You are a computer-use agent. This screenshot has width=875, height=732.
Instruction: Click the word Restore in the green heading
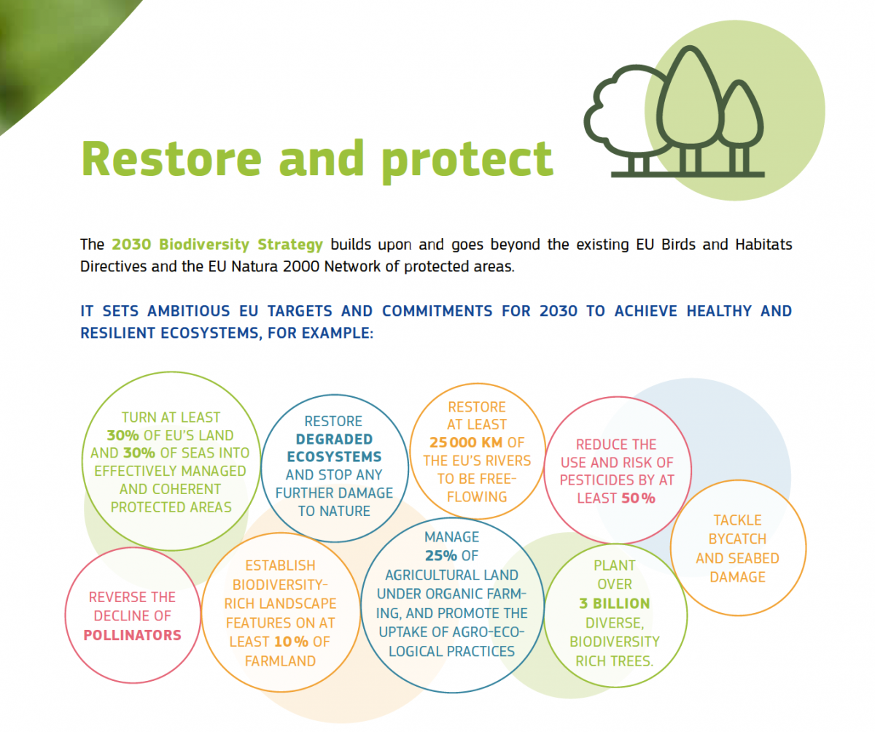[171, 158]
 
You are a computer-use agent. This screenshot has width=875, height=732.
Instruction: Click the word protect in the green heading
[467, 161]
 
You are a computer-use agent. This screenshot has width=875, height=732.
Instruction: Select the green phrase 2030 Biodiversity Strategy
[217, 244]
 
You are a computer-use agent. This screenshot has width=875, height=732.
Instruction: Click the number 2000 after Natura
[299, 266]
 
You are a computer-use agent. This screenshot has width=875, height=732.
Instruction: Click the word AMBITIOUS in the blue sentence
[189, 311]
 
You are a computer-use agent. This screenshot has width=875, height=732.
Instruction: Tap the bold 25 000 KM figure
[466, 442]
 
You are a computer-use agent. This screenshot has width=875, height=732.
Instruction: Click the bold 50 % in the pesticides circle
[638, 498]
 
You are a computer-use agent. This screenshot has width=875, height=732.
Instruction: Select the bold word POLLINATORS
[133, 635]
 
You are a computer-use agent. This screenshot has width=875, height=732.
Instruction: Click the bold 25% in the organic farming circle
[441, 555]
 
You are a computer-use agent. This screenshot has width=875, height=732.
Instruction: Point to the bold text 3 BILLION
[615, 604]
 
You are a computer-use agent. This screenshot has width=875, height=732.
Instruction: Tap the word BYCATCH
[737, 539]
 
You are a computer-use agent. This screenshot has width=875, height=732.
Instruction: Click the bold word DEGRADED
[334, 439]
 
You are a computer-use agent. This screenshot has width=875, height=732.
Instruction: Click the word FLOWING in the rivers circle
[477, 497]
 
